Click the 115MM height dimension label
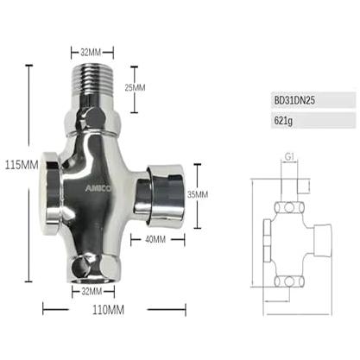coord(22,165)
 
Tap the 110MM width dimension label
coord(109,310)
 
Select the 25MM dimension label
coord(135,87)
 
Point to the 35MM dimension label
coord(198,194)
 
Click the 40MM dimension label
coord(155,239)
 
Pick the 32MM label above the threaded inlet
coord(91,53)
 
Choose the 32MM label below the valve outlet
coord(92,292)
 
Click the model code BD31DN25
coord(294,100)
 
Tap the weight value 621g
coord(283,121)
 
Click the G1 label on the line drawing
coord(289,157)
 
